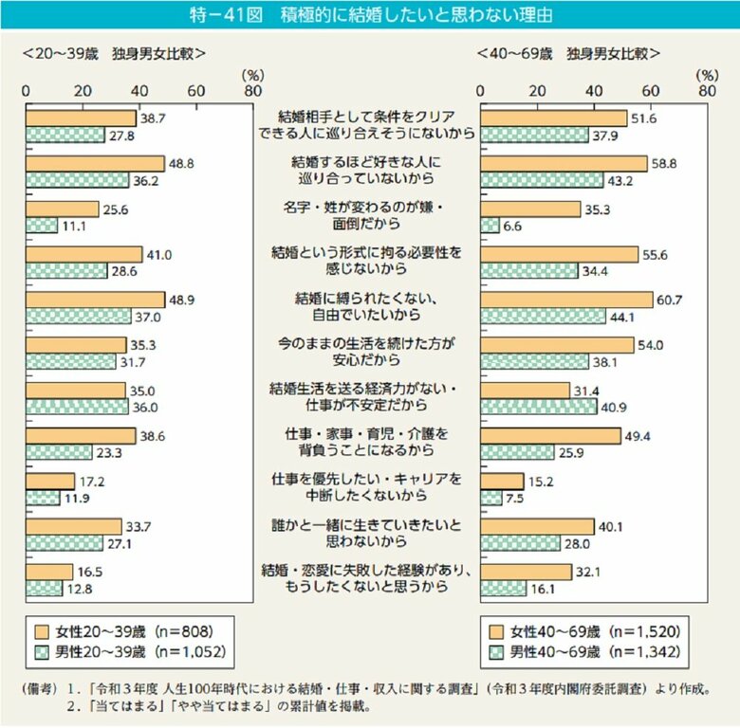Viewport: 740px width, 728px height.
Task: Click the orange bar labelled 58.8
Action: [564, 163]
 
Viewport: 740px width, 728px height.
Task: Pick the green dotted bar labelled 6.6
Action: [490, 225]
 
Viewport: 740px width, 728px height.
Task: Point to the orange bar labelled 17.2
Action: [49, 481]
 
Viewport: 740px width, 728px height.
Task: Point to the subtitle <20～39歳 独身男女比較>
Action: [114, 53]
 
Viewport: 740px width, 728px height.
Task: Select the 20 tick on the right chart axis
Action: [537, 92]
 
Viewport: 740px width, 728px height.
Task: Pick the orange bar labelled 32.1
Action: [526, 572]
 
